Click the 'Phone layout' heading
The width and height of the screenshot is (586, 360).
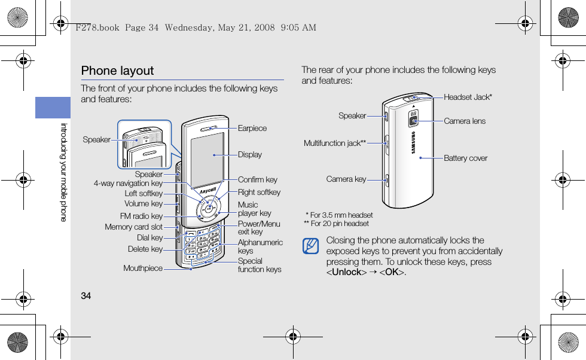coord(117,71)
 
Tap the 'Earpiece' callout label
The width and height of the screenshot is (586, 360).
coord(252,129)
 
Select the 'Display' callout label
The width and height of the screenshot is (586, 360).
coord(250,154)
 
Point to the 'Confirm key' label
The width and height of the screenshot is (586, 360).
coord(258,179)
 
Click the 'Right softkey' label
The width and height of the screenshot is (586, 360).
coord(259,193)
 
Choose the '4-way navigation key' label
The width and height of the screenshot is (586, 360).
coord(128,184)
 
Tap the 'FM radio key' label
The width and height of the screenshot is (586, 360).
coord(141,216)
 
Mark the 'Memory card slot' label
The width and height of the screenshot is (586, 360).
coord(133,227)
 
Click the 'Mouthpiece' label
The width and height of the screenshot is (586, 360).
coord(143,269)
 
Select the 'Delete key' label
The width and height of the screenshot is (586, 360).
coord(145,249)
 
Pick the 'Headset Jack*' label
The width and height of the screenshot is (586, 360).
coord(468,97)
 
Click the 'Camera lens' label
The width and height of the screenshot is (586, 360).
coord(465,121)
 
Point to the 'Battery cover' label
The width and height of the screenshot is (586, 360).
coord(466,158)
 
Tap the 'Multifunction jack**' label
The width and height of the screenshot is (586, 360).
coord(335,144)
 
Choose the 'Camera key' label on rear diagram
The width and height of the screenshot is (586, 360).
coord(346,179)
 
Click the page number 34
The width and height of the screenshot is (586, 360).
coord(86,296)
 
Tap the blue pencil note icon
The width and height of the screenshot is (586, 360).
coord(310,245)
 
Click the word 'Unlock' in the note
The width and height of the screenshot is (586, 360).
coord(346,273)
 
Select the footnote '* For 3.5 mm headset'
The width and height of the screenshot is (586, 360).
coord(339,215)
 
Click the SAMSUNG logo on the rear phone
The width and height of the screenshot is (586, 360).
coord(413,142)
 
